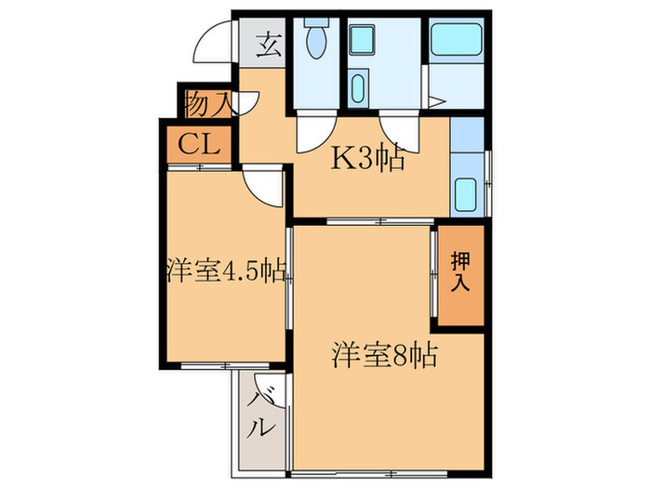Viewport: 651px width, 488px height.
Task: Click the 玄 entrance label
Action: tap(269, 46)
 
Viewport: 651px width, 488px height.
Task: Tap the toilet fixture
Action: tap(315, 41)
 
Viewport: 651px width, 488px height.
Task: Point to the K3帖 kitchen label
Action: tap(369, 160)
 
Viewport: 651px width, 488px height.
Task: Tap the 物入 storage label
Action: tap(206, 102)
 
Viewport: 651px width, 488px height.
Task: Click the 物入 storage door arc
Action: tap(246, 103)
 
